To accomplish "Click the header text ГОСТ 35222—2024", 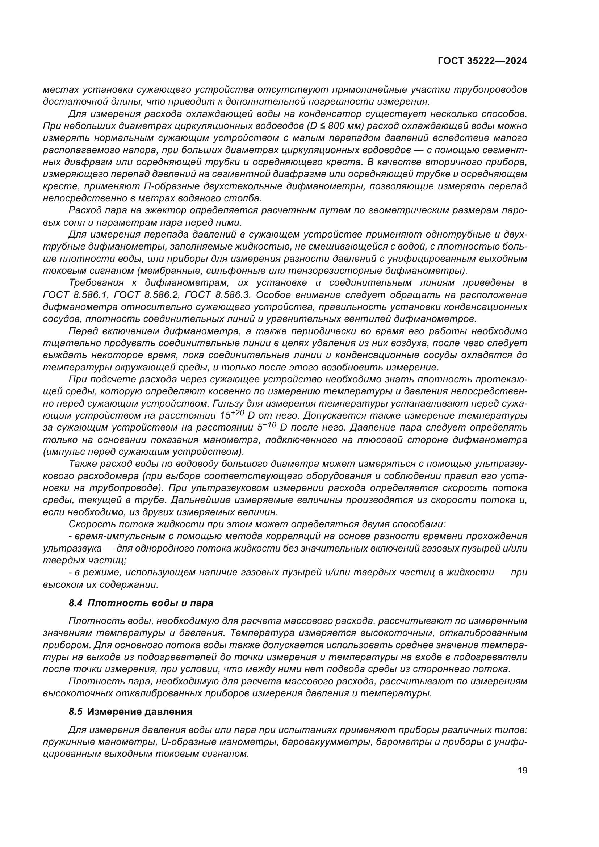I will [482, 61].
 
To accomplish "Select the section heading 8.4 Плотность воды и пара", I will [141, 603].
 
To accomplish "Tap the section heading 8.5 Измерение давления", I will [131, 712].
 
